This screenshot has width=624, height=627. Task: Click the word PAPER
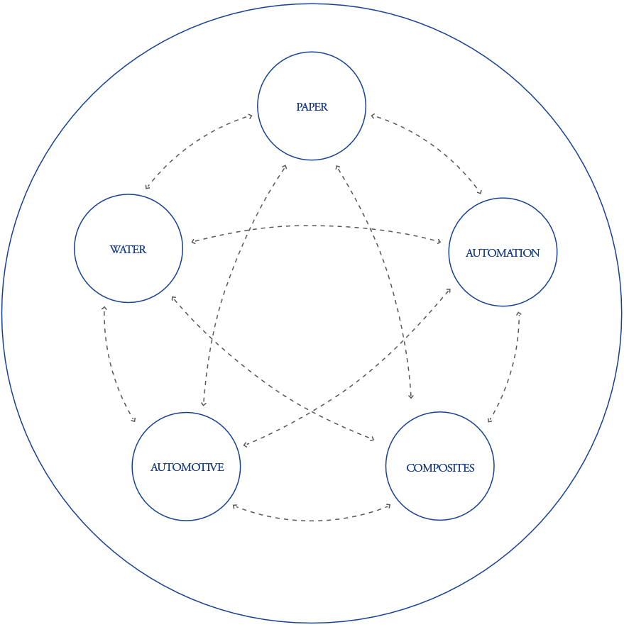tap(312, 107)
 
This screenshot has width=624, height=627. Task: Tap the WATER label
tap(128, 250)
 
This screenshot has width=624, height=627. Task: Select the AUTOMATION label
tap(503, 253)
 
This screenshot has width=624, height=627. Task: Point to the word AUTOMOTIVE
tap(187, 467)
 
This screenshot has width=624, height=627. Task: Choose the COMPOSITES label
tap(440, 468)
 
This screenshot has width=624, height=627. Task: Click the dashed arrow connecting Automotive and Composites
tap(312, 521)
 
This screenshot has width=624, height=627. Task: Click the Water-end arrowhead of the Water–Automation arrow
tap(192, 242)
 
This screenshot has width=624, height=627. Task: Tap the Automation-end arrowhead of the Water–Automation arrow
tap(439, 243)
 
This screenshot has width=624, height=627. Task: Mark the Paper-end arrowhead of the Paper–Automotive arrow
tap(285, 167)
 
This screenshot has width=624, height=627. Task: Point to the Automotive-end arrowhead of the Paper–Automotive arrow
tap(203, 404)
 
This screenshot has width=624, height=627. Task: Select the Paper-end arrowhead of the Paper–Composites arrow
tap(338, 167)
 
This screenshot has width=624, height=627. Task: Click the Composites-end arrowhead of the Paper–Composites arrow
tap(411, 398)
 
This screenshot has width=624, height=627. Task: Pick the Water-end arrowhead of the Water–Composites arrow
tap(173, 298)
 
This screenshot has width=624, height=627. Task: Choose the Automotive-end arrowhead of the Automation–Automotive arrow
tap(244, 445)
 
